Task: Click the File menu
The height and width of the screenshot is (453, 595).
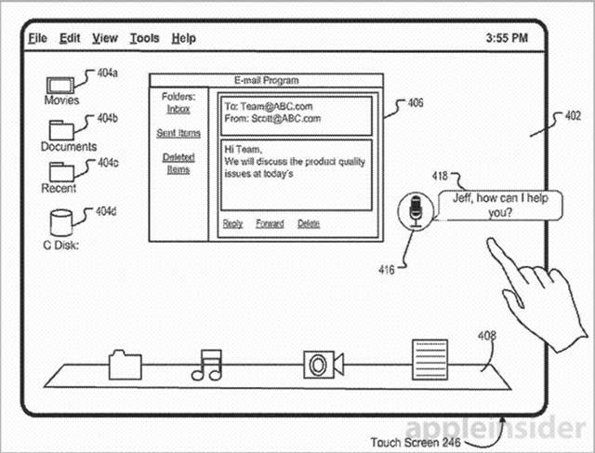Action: pos(37,38)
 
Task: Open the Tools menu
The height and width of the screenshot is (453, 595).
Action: pos(144,38)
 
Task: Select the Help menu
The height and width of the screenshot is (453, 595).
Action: pos(184,38)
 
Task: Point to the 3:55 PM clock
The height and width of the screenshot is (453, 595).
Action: pos(507,39)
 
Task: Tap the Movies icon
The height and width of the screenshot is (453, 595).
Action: pos(61,84)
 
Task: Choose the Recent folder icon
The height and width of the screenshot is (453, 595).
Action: pos(61,172)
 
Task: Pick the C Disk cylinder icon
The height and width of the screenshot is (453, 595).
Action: pos(60,223)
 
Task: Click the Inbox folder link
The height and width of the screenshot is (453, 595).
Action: pos(178,109)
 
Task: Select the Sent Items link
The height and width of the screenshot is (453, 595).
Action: pos(178,134)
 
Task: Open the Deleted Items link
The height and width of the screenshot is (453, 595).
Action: pos(178,163)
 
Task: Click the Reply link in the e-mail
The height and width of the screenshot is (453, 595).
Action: pos(232,223)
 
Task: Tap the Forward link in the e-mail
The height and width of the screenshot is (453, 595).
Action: pos(270,223)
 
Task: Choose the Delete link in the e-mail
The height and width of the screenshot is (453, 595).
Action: pos(309,223)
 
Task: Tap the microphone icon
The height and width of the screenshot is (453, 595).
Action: pos(416,210)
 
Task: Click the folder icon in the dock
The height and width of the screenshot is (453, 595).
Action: pos(123,364)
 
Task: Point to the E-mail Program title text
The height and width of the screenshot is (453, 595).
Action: pos(267,81)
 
